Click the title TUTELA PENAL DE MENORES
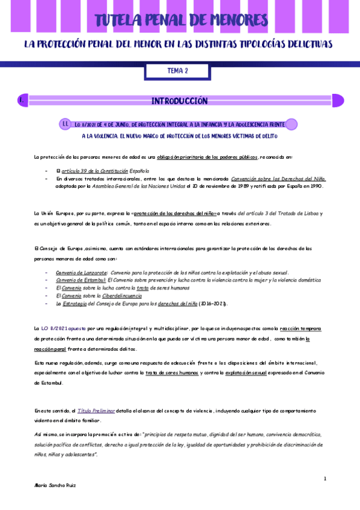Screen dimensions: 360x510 pyautogui.click(x=180, y=21)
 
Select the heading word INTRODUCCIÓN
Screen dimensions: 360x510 pyautogui.click(x=179, y=100)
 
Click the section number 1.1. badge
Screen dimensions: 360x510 pyautogui.click(x=66, y=124)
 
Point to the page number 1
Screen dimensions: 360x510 pyautogui.click(x=325, y=478)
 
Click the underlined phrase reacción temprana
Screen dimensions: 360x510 pyautogui.click(x=302, y=328)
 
